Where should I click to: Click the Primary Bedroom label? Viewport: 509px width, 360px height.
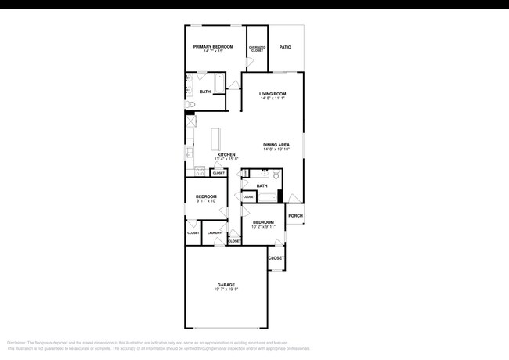coord(214,47)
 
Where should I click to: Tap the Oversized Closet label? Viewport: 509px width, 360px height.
coord(257,49)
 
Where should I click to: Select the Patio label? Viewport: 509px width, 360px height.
coord(285,47)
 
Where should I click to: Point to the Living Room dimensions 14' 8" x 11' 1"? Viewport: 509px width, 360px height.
coord(273,99)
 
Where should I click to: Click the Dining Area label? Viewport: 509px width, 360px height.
coord(277,144)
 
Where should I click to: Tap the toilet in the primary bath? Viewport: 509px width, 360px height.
coord(190,103)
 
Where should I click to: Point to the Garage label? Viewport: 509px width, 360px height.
coord(226,284)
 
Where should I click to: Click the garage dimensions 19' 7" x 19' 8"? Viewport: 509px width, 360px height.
coord(226,290)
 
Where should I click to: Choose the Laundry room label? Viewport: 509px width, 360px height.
coord(214,232)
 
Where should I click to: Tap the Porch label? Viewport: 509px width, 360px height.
coord(295,216)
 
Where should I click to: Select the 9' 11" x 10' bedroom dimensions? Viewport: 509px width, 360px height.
coord(205,201)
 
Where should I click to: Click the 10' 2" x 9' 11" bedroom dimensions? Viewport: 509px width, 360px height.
coord(262,226)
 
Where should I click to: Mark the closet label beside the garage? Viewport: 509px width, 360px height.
coord(276,257)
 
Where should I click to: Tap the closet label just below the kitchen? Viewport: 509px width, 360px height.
coord(218,173)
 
